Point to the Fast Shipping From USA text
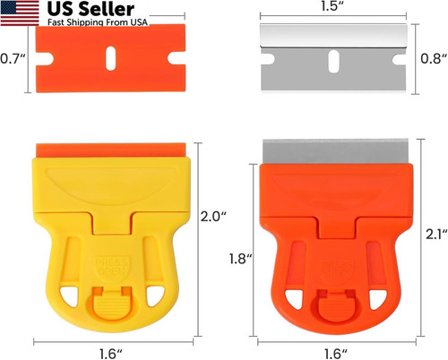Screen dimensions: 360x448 coord(85,23)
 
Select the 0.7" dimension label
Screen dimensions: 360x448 coord(12,60)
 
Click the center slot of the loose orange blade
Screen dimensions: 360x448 coord(110,59)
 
